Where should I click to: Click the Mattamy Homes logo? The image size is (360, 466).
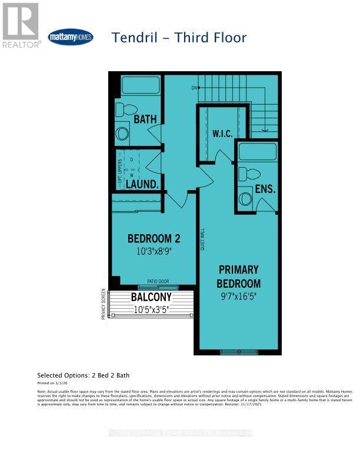70,37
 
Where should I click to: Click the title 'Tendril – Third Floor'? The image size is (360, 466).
179,38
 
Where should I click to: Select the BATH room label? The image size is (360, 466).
145,119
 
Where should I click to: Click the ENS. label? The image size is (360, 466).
265,189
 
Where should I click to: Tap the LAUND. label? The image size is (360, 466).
142,184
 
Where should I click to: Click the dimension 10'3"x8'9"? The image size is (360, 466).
154,250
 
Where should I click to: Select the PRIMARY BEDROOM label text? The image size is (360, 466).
238,276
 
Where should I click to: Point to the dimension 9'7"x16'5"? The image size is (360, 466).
238,295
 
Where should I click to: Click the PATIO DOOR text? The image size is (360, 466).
159,281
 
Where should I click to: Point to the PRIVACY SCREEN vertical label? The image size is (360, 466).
104,303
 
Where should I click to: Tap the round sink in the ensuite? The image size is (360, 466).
245,199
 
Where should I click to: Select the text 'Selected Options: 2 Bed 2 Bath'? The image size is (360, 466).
84,375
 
